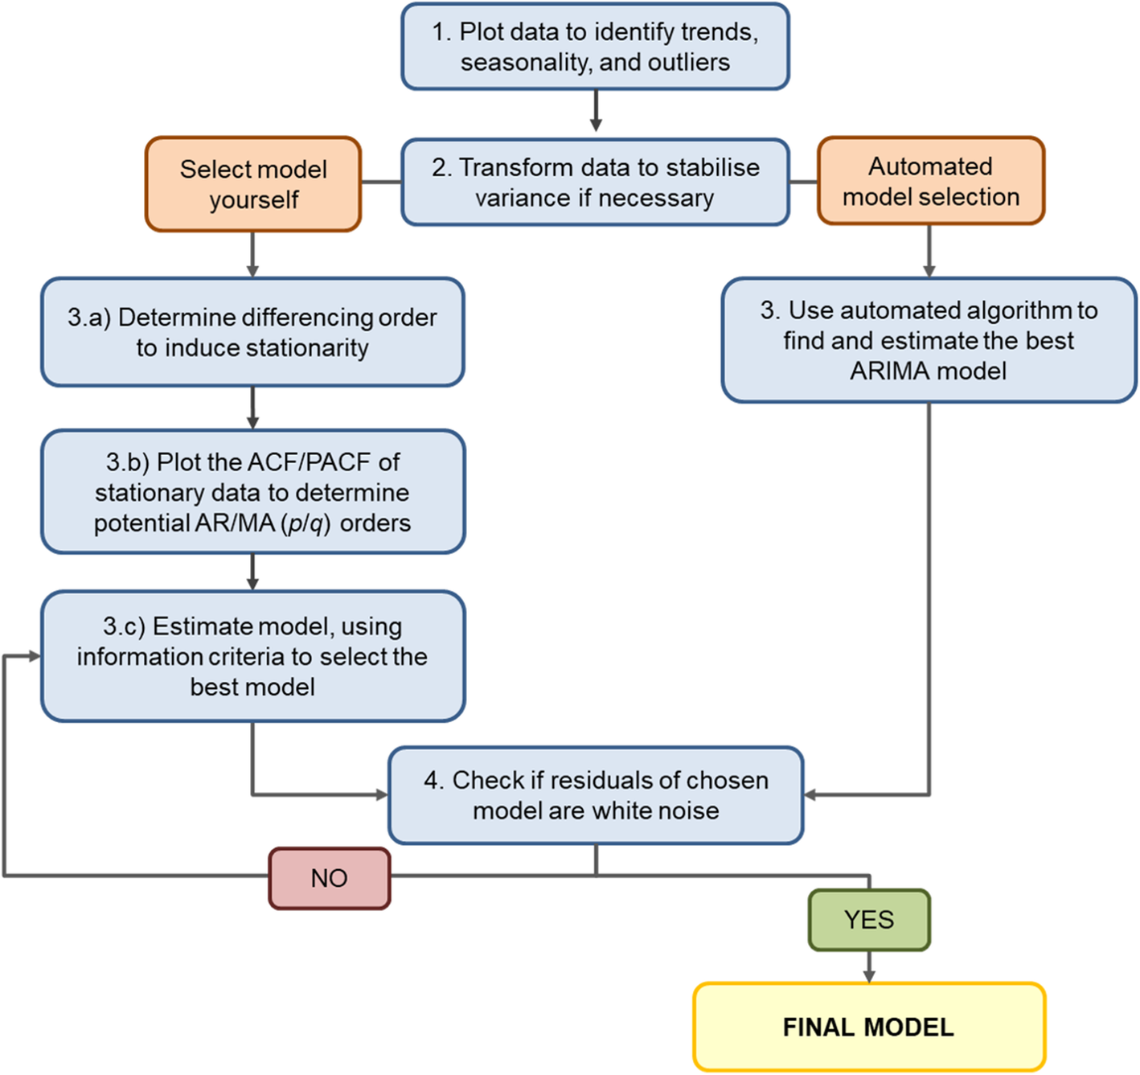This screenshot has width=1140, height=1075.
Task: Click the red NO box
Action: [330, 878]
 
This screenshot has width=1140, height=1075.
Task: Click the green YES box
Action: [868, 920]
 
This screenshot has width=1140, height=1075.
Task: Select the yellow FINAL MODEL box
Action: [868, 1027]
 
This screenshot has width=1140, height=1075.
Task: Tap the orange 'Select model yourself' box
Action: [253, 184]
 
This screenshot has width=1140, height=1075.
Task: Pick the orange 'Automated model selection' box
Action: [930, 181]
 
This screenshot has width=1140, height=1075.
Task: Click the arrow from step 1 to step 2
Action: [596, 111]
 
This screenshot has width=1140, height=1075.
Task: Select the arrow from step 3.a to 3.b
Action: [252, 408]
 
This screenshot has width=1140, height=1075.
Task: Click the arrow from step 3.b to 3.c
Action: [252, 572]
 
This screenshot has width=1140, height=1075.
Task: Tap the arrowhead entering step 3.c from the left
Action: [34, 656]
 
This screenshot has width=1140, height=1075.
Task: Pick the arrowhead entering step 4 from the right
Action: [810, 795]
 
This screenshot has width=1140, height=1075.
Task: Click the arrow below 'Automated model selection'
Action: [929, 252]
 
